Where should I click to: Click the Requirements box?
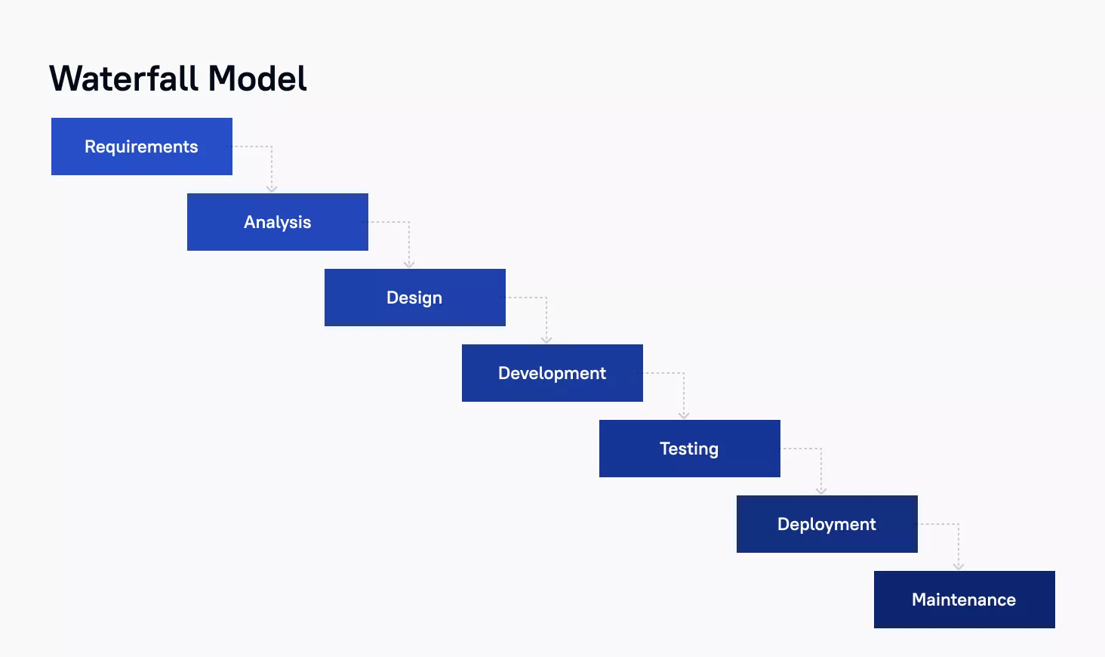click(x=142, y=146)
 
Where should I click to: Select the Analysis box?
click(x=278, y=221)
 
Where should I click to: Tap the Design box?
click(x=415, y=297)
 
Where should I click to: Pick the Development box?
click(x=552, y=373)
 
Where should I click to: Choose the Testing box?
click(x=690, y=449)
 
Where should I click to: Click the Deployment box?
click(x=826, y=524)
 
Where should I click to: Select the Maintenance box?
click(x=965, y=600)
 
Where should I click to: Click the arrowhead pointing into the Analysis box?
click(x=271, y=189)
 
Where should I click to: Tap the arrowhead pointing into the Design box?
click(x=409, y=264)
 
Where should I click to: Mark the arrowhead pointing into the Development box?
click(x=546, y=340)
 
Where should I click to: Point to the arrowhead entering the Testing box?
click(x=684, y=415)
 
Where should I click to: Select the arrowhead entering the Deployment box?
click(x=821, y=491)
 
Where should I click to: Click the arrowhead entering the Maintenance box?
click(x=959, y=566)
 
